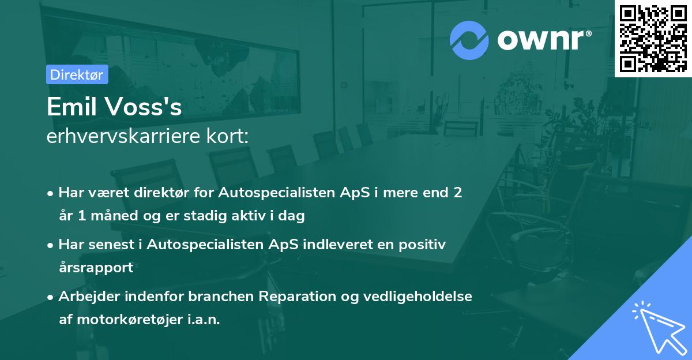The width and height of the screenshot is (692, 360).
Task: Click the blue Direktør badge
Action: (77, 74)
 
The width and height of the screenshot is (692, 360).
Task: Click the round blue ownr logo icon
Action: (469, 40)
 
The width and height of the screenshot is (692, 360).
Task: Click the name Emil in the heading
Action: (72, 107)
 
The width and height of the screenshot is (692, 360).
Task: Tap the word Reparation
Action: (296, 297)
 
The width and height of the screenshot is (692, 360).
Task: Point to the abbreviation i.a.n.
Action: (204, 319)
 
